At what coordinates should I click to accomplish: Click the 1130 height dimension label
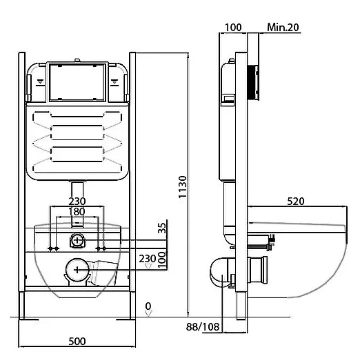click(x=183, y=187)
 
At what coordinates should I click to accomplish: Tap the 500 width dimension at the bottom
click(x=77, y=341)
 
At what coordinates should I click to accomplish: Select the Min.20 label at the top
click(x=283, y=28)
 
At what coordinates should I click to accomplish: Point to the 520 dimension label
click(x=296, y=202)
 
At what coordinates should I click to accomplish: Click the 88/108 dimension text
click(x=203, y=326)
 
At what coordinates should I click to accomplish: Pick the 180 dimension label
click(x=77, y=212)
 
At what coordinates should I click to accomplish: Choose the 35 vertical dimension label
click(x=162, y=228)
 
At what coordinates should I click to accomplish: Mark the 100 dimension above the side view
click(x=233, y=28)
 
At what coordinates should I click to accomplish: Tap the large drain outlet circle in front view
click(x=77, y=270)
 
